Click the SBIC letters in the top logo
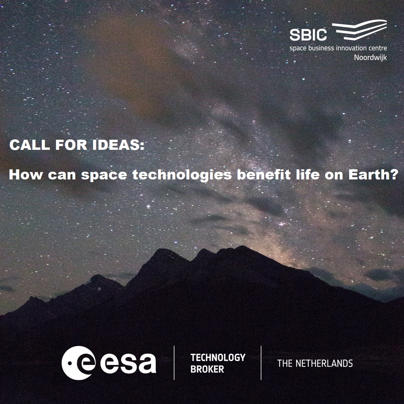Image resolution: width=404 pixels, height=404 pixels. tap(308, 35)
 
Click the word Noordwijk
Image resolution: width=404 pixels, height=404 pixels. tap(370, 57)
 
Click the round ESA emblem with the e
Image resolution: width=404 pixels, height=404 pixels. tap(79, 363)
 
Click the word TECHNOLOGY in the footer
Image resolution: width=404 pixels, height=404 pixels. tap(218, 358)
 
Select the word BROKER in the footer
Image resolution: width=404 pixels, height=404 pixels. tap(207, 369)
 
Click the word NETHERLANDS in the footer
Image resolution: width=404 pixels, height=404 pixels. tap(324, 363)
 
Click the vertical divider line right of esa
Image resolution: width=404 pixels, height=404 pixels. tap(174, 363)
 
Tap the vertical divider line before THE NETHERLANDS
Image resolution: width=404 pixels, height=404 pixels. tap(261, 363)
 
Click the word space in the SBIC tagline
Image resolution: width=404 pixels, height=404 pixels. tap(298, 48)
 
